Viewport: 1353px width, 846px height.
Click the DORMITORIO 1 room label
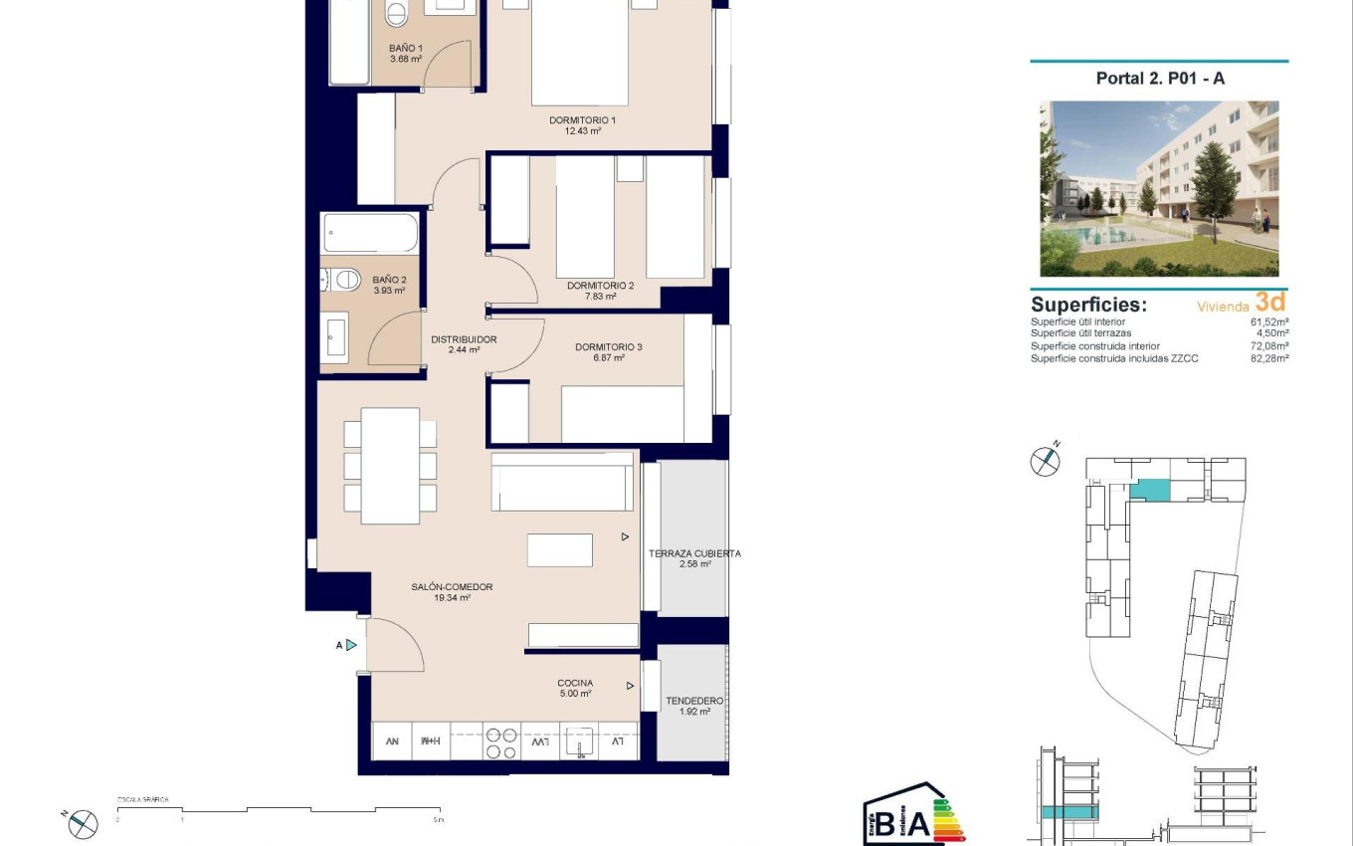coord(582,120)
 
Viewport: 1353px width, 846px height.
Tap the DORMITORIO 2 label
coord(600,286)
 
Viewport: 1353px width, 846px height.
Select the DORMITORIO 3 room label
coord(608,347)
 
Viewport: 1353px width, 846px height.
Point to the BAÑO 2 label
coord(389,281)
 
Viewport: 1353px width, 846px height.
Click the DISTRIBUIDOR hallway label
coord(464,339)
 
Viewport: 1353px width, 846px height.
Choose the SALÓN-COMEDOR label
coord(452,587)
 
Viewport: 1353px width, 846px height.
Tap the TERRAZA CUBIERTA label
coord(693,554)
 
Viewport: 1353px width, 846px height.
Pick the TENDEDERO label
coord(694,702)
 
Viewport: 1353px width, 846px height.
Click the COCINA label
coord(575,684)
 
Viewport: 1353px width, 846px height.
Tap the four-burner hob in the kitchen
coord(500,743)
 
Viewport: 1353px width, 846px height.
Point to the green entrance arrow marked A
coord(350,645)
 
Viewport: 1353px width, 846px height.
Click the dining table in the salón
coord(390,466)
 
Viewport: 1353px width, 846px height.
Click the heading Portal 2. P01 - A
coord(1159,79)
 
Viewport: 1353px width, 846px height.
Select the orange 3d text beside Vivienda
coord(1271,302)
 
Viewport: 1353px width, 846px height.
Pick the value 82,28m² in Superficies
coord(1269,358)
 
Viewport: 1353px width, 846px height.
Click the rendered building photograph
coord(1159,188)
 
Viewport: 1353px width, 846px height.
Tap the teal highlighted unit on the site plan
coord(1151,490)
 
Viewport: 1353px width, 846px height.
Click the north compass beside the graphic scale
coord(85,823)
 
